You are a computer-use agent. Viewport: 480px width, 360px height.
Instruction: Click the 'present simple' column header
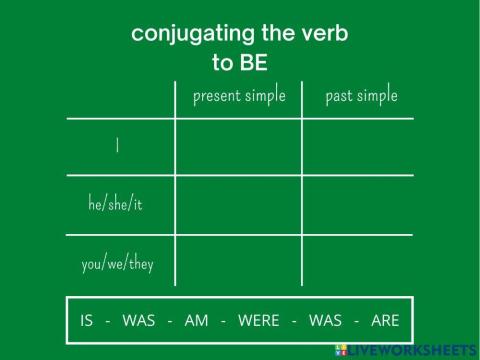click(x=239, y=96)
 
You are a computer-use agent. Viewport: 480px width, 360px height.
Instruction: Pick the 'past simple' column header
click(x=361, y=96)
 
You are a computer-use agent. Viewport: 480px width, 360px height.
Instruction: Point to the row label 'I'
click(x=118, y=146)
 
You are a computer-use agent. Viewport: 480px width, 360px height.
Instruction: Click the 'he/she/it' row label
click(x=116, y=205)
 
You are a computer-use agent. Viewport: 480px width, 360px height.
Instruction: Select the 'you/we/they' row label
click(x=117, y=265)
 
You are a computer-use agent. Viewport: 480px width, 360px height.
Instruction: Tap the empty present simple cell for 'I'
click(x=238, y=147)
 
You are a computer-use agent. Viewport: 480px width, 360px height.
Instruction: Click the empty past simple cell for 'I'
click(x=357, y=147)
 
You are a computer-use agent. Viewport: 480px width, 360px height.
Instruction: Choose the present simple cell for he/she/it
click(x=238, y=206)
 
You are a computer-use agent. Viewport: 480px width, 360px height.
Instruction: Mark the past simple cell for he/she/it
click(x=357, y=206)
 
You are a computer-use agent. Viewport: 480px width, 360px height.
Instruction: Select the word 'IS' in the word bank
click(x=88, y=321)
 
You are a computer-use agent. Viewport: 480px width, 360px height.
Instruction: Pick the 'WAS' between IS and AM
click(x=139, y=321)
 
